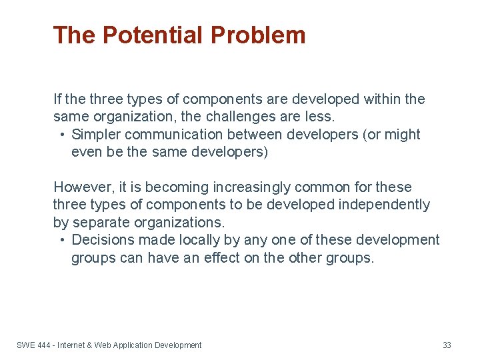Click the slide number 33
(447, 345)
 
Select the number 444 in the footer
(45, 345)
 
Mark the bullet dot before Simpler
(61, 135)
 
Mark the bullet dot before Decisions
(61, 240)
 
